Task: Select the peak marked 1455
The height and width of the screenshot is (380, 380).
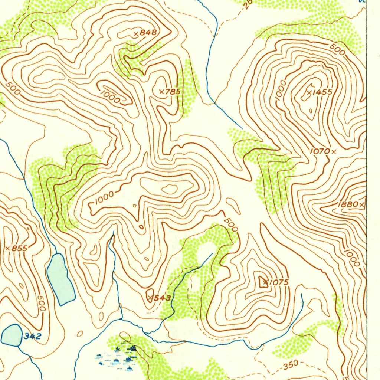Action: (x=321, y=92)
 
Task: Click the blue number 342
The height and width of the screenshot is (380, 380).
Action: (x=32, y=336)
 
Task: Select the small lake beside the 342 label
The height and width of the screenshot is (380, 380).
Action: (x=12, y=335)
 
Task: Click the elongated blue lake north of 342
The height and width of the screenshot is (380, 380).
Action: (x=60, y=278)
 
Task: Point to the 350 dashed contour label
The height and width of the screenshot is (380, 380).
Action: (x=290, y=366)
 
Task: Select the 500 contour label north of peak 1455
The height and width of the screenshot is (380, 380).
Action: (x=337, y=50)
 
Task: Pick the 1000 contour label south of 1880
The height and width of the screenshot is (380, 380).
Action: (x=351, y=258)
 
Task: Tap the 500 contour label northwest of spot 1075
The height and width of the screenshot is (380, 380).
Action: (x=231, y=225)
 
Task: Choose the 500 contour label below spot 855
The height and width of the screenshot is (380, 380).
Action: (x=42, y=303)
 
